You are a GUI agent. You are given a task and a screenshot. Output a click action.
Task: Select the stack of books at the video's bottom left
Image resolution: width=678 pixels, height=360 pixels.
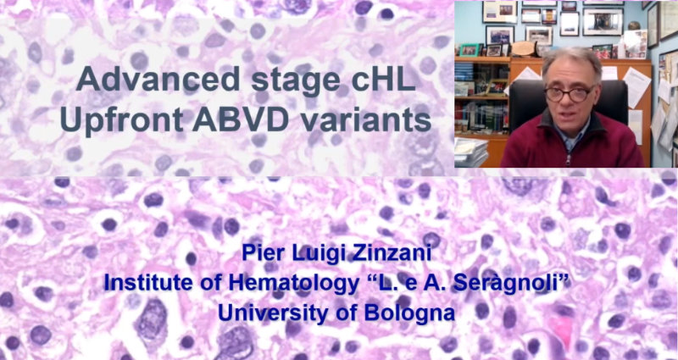tap(470, 152)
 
